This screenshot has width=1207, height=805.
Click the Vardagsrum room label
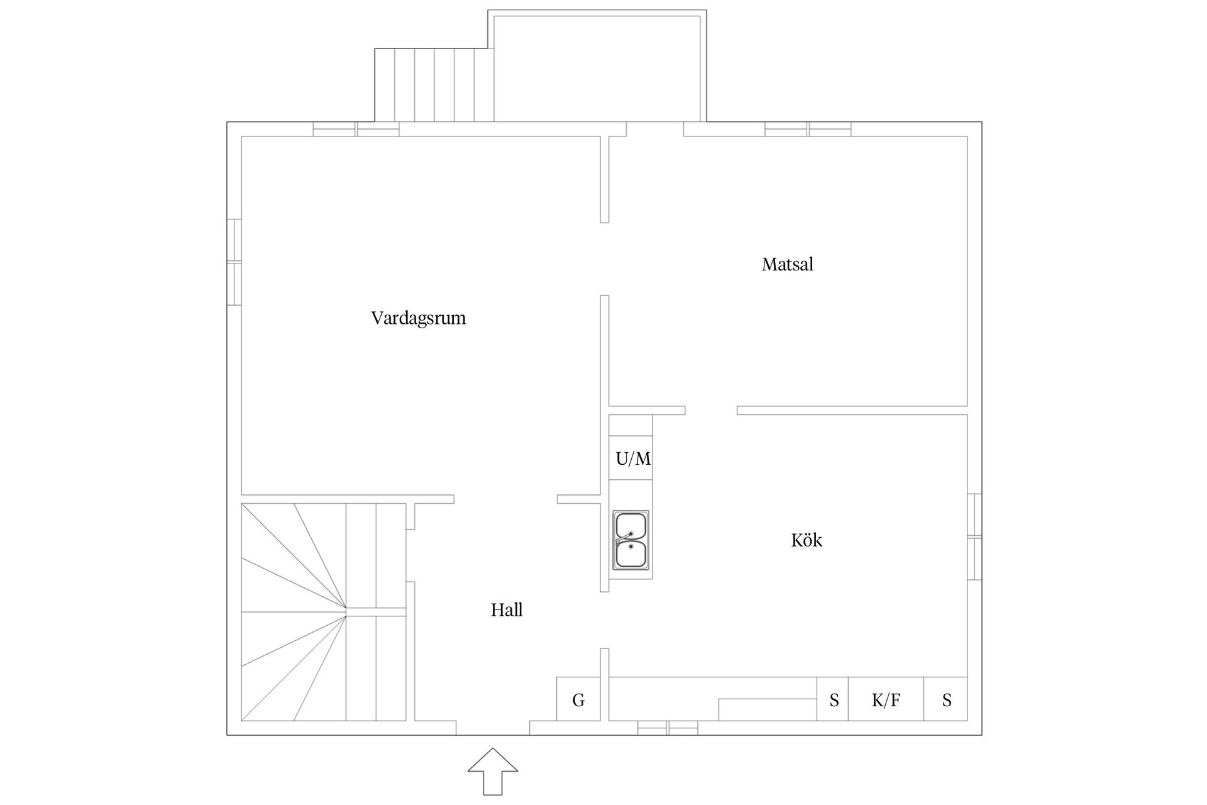click(419, 318)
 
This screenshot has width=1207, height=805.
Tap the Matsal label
click(788, 264)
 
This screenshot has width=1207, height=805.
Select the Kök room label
click(807, 540)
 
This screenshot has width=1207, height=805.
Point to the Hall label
click(507, 609)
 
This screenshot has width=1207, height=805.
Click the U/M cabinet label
click(633, 459)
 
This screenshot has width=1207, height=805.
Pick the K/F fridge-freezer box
click(886, 699)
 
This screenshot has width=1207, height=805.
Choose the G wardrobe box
click(578, 699)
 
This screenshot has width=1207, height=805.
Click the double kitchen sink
click(631, 540)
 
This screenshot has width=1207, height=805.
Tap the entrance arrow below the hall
click(493, 771)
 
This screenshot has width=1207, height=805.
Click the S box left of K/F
click(833, 699)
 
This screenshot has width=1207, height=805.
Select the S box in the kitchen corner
click(945, 699)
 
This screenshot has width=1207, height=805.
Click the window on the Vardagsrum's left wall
click(234, 262)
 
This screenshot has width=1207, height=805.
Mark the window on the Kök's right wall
click(974, 536)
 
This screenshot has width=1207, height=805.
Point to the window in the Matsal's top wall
click(808, 129)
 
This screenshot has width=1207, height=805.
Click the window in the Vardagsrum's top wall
click(356, 129)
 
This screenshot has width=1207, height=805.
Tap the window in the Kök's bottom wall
click(668, 728)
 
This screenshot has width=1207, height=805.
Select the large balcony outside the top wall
click(597, 66)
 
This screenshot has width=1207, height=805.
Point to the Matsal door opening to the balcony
click(655, 129)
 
